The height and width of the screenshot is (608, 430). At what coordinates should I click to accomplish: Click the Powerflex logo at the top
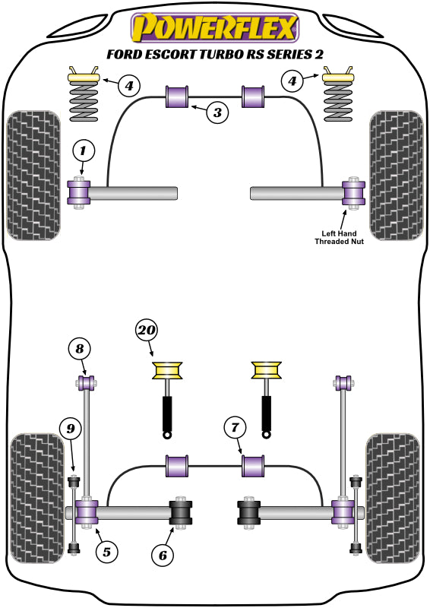pos(214,28)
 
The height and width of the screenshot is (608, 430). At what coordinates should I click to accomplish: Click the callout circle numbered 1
pos(84,151)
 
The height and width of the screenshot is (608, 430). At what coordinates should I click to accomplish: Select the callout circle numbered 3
pos(218,113)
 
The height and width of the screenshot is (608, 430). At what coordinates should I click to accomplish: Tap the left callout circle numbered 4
pos(129,85)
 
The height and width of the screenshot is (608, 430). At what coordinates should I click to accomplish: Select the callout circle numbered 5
pos(107,553)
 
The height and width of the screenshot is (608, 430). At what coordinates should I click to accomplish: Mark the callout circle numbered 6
pos(162,556)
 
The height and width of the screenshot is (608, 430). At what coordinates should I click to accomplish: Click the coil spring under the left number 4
pos(85,103)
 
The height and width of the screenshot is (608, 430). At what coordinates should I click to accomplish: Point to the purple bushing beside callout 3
pos(177,98)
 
